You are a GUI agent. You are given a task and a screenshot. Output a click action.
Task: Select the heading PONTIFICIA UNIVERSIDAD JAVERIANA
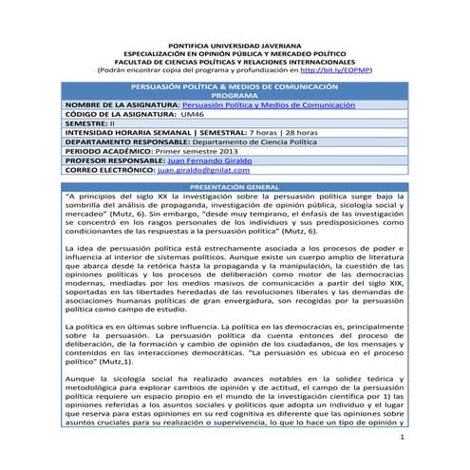point(234,45)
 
